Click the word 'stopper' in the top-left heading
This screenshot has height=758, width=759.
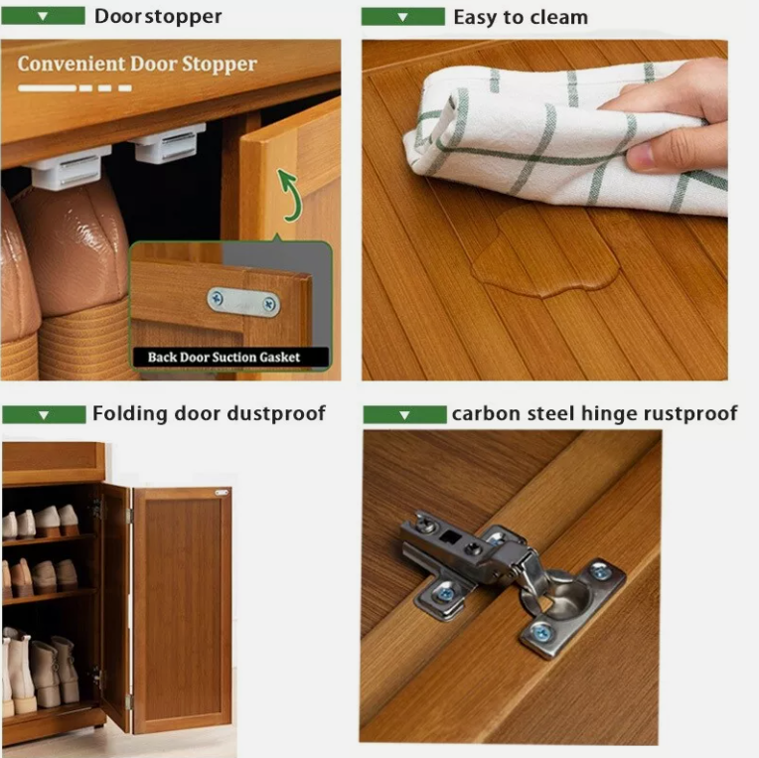184,18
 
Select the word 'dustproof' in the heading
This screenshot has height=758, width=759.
276,414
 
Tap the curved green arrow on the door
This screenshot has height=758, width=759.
289,195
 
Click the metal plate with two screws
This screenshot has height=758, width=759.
243,303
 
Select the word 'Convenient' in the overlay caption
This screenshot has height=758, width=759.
72,64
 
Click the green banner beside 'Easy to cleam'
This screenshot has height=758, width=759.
402,17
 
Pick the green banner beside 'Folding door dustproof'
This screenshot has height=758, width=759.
44,415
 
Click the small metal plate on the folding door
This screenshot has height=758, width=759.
222,493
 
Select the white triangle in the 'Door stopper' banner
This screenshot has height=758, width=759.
43,17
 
